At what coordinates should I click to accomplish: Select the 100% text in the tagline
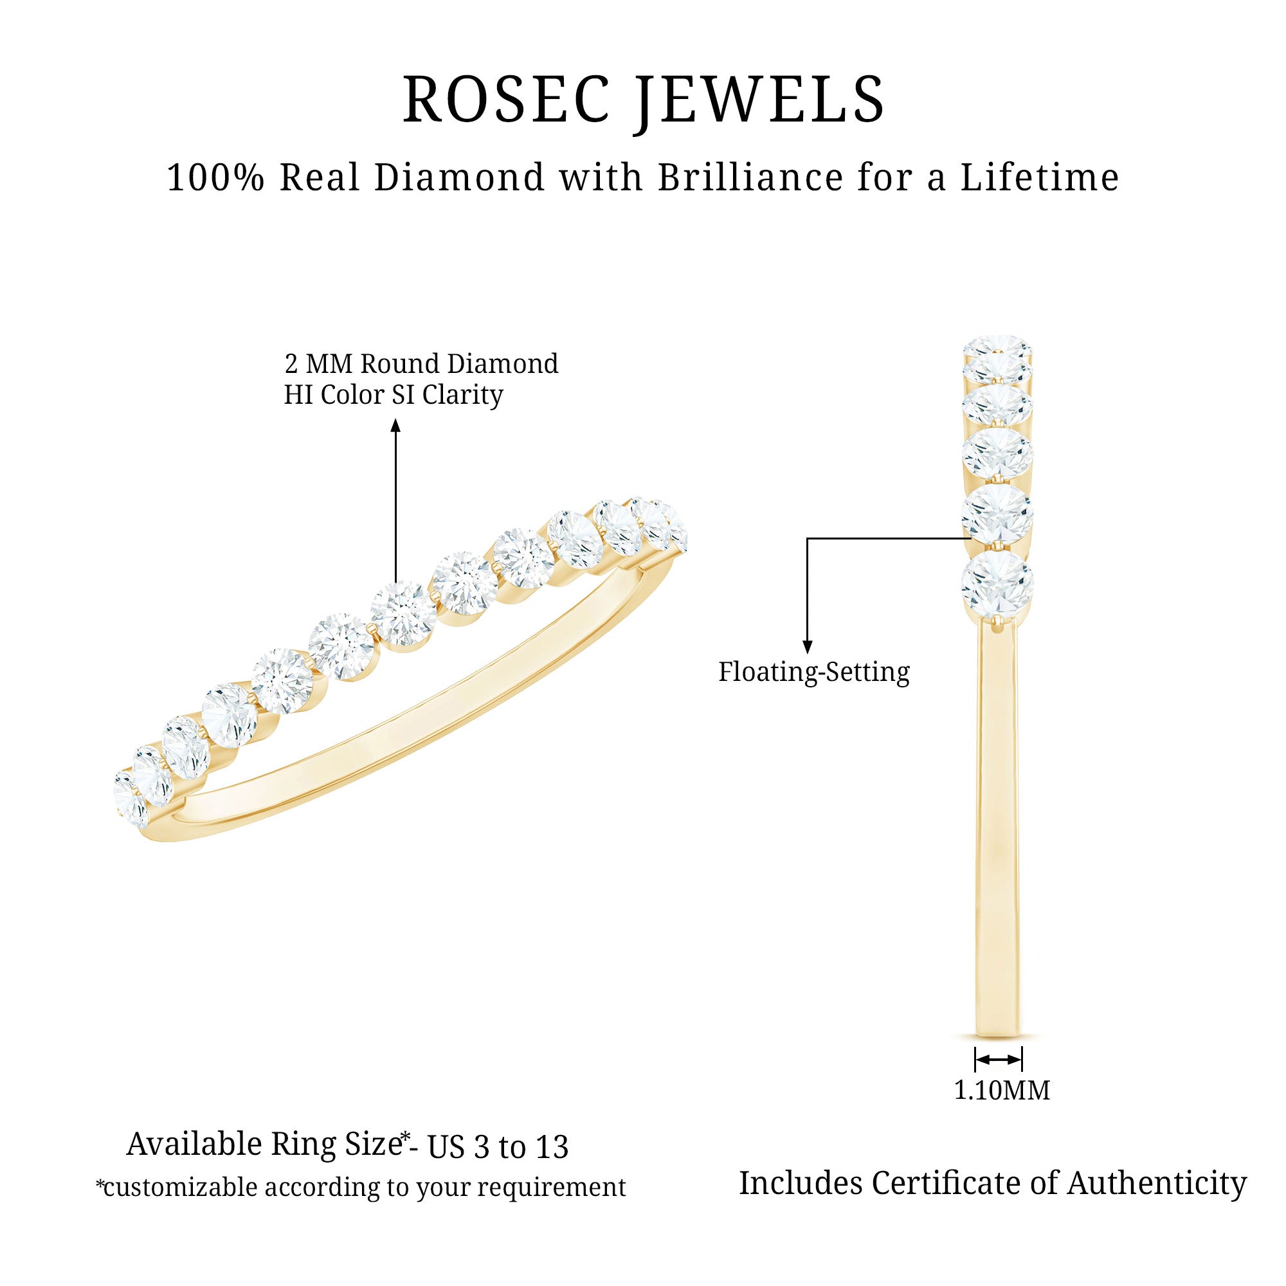215,178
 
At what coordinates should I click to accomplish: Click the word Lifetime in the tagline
1039,178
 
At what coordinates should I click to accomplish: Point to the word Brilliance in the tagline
752,178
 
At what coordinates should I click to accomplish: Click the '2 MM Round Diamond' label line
421,364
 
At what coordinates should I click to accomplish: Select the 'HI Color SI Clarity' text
393,395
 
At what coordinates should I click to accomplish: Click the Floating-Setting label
813,672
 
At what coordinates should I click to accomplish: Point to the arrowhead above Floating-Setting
808,646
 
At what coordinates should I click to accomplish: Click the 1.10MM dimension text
1001,1091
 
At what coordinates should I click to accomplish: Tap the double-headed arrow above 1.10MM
998,1060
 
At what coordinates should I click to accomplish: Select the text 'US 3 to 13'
498,1146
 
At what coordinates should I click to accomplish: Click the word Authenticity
1157,1184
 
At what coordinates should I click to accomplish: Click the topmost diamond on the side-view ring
997,350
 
